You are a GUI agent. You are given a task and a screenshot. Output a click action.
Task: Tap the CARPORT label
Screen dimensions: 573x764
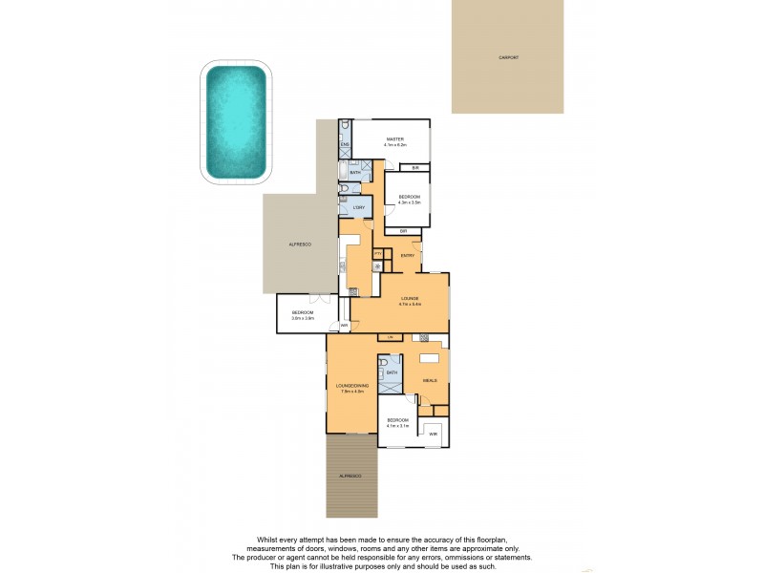(x=508, y=58)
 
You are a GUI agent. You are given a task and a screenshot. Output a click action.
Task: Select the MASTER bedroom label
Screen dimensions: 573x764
(x=395, y=141)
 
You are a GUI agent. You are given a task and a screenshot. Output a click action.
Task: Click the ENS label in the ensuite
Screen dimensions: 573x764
(x=346, y=144)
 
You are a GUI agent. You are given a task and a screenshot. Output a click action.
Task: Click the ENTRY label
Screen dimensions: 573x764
(x=407, y=255)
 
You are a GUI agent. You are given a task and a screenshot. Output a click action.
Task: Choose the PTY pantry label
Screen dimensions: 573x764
(x=378, y=253)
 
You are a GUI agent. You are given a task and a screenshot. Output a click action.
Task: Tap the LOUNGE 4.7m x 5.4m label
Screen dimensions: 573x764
(x=410, y=301)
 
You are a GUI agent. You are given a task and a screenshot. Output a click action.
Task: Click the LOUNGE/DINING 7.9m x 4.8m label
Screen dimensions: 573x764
(x=350, y=388)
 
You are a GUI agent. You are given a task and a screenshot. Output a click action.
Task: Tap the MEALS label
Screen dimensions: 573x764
(x=430, y=380)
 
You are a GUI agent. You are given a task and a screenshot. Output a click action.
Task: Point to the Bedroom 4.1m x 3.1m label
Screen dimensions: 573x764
(x=397, y=423)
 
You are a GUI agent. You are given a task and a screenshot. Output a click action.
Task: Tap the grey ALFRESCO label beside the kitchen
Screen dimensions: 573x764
(x=301, y=245)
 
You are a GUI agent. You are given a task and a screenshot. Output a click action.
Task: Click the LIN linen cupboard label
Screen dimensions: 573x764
(x=390, y=337)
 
